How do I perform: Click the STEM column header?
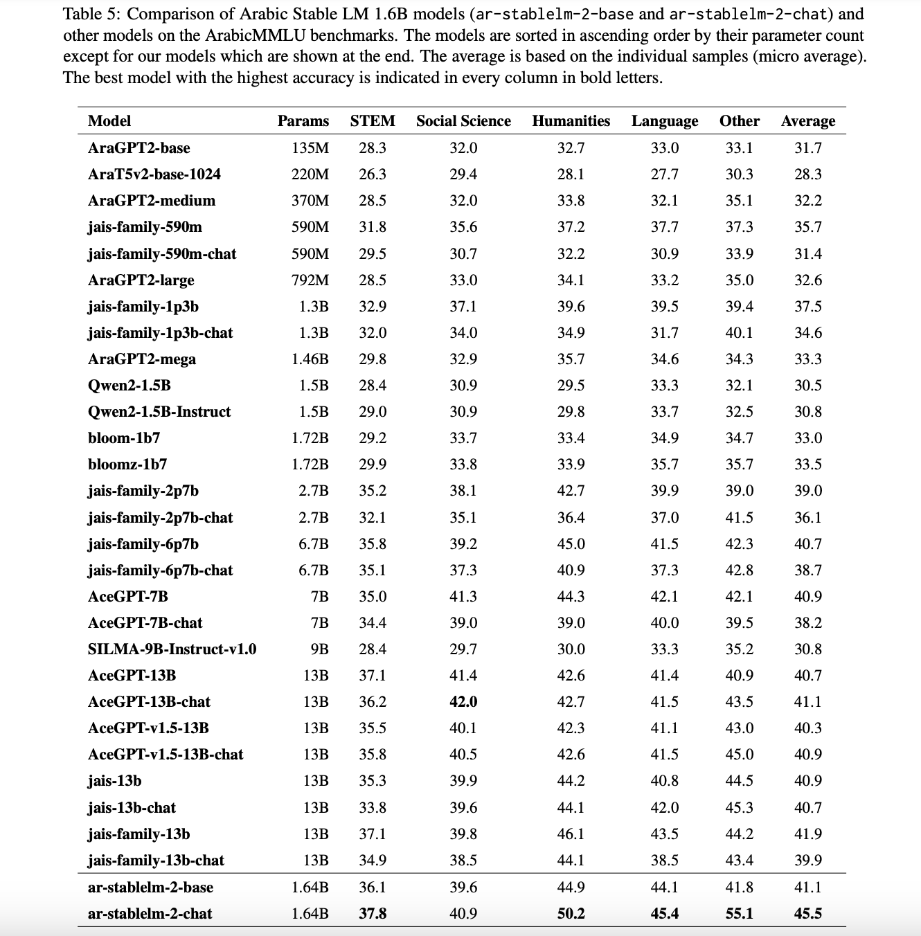(x=373, y=121)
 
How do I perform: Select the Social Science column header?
(x=463, y=121)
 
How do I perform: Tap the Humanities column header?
(x=571, y=121)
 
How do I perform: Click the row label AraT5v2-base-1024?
(x=154, y=174)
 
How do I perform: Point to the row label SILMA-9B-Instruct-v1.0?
(x=172, y=649)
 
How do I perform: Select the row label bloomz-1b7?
(x=127, y=465)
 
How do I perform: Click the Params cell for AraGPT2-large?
(x=310, y=280)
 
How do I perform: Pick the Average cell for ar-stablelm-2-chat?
(x=807, y=914)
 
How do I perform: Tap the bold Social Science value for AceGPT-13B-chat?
(x=463, y=702)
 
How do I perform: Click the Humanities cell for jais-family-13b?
(x=571, y=834)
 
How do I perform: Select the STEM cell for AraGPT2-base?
(x=373, y=148)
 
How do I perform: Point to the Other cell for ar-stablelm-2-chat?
(x=739, y=914)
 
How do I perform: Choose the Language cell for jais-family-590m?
(x=664, y=227)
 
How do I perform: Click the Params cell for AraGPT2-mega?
(x=310, y=359)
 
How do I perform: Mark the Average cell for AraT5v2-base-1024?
(x=807, y=174)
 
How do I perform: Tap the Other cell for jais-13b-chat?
(x=739, y=808)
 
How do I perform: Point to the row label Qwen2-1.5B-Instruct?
(x=159, y=412)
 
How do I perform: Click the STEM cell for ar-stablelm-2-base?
(x=373, y=888)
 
